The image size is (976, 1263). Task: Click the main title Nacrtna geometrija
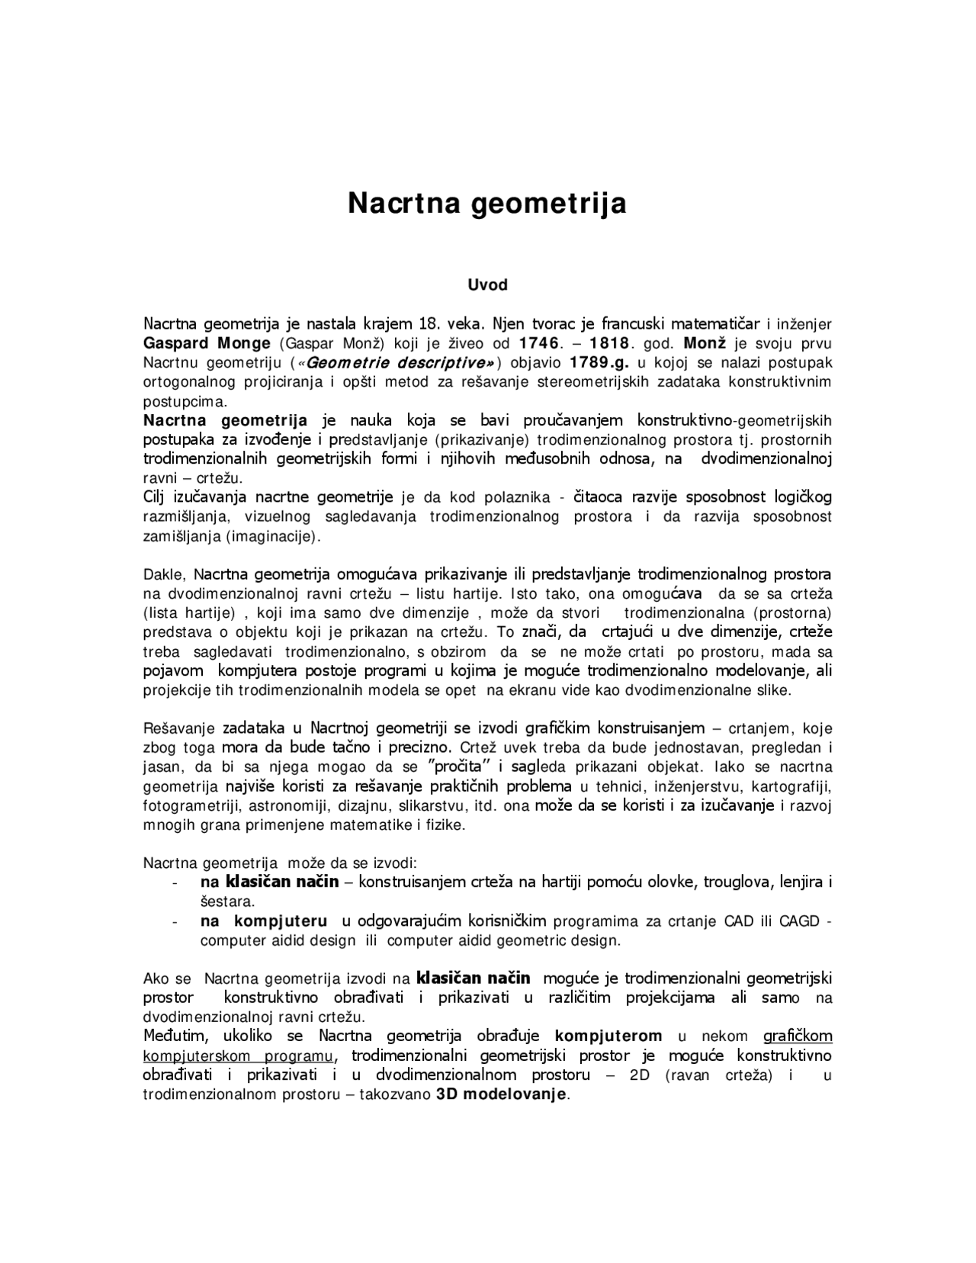pos(487,204)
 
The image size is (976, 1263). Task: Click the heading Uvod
pos(487,285)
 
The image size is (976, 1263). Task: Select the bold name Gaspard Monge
pos(207,342)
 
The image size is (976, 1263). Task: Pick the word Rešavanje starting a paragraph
pos(179,728)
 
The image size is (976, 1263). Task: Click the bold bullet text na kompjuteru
pos(265,921)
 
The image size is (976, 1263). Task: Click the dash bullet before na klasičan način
pos(177,883)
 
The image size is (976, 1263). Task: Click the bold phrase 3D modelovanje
pos(502,1094)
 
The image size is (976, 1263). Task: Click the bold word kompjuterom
pos(608,1036)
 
